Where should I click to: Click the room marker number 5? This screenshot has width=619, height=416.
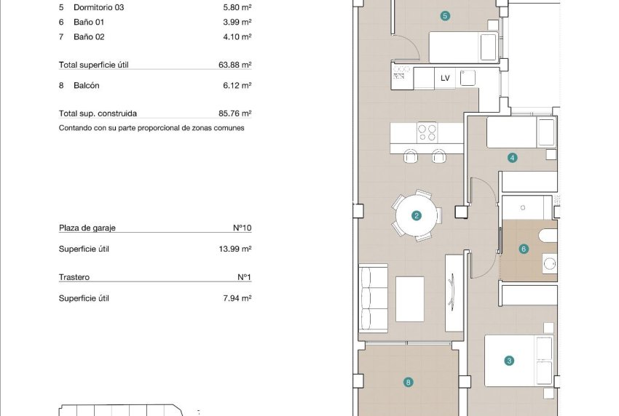click(445, 15)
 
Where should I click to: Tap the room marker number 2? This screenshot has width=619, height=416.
click(417, 215)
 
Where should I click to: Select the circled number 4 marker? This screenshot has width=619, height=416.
click(513, 158)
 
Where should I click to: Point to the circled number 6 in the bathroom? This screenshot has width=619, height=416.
click(524, 249)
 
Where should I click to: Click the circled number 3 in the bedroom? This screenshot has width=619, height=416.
click(509, 360)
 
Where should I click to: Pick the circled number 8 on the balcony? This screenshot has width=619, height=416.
click(409, 381)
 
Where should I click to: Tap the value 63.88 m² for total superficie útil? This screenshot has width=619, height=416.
click(234, 65)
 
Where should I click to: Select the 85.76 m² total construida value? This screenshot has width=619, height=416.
click(234, 113)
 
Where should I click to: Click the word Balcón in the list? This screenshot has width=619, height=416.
click(87, 86)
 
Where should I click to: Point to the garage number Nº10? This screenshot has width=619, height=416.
click(242, 228)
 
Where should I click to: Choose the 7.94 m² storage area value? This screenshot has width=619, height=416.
click(237, 298)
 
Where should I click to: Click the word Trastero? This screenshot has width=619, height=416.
click(74, 277)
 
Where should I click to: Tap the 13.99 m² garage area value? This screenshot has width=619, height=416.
click(234, 249)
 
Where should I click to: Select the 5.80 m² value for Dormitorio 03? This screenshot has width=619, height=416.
click(237, 8)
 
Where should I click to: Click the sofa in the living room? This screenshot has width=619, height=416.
click(373, 298)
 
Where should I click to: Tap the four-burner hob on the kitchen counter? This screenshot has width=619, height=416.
click(426, 132)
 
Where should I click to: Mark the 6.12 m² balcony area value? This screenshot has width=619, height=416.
click(237, 86)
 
